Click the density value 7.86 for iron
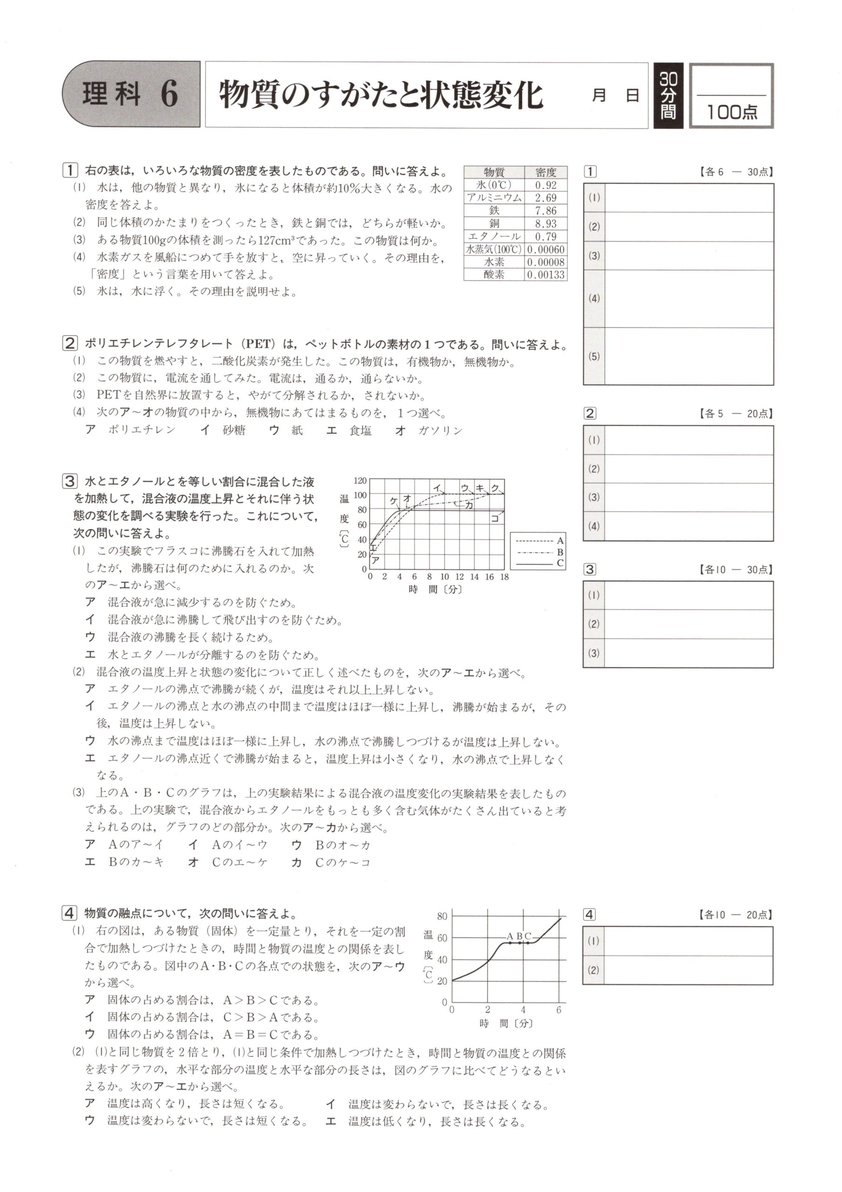[x=546, y=211]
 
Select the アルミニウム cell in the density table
[x=494, y=198]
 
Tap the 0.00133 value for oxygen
[x=546, y=275]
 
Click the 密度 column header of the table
[x=546, y=172]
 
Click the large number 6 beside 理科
[x=169, y=95]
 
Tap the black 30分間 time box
[x=668, y=95]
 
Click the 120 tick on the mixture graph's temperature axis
[x=360, y=481]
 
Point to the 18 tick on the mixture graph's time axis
[x=504, y=577]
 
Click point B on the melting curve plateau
[x=519, y=942]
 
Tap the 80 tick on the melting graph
[x=442, y=917]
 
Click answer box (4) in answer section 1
[x=689, y=298]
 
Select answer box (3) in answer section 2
[x=689, y=497]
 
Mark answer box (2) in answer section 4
[x=689, y=970]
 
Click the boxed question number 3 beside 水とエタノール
[x=69, y=481]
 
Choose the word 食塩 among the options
[x=360, y=430]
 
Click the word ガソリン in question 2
[x=440, y=430]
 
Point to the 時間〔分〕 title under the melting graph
[x=506, y=1023]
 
